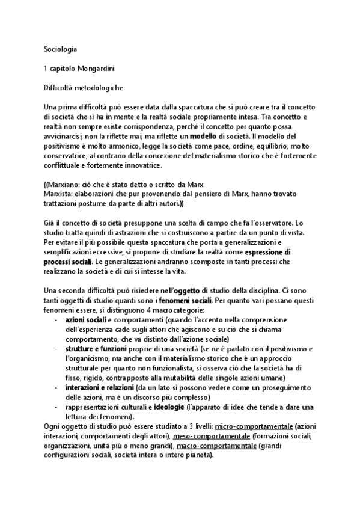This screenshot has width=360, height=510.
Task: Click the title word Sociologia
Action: click(x=61, y=48)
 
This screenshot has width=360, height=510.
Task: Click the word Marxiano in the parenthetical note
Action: click(x=66, y=185)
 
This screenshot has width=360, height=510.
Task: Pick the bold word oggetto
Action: click(x=192, y=291)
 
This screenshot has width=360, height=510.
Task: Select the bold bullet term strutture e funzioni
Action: click(x=96, y=349)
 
